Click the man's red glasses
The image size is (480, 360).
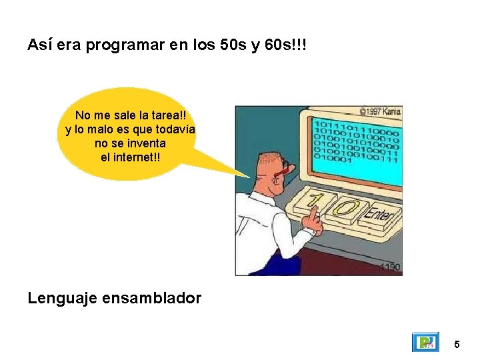click(283, 170)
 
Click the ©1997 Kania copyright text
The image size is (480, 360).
click(379, 111)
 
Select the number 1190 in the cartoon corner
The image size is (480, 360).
click(390, 267)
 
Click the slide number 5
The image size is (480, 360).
click(457, 345)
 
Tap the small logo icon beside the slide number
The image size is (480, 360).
click(424, 343)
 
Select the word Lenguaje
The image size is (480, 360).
click(63, 298)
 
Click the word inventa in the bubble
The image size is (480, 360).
click(147, 143)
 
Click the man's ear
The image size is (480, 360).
click(265, 175)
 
